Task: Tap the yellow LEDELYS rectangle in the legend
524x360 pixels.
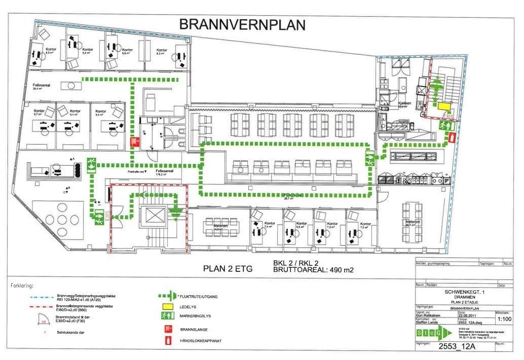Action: [169, 306]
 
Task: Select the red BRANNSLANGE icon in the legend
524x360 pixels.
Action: [169, 329]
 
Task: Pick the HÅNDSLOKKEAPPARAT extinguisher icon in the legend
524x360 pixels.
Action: [169, 341]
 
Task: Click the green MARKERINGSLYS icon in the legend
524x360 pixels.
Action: [169, 317]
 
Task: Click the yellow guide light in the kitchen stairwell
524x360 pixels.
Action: [444, 106]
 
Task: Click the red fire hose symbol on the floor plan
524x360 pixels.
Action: [134, 142]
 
